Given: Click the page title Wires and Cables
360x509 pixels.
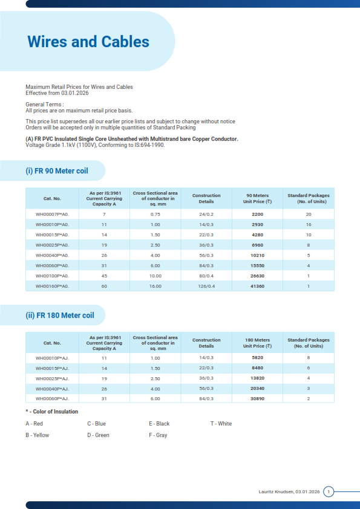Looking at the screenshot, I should [88, 42].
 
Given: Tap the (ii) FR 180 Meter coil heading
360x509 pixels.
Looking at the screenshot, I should [60, 316].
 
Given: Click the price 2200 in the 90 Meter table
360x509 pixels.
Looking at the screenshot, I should [258, 214].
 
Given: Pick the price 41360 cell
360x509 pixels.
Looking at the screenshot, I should [258, 286].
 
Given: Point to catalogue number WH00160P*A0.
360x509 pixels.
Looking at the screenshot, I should [52, 286].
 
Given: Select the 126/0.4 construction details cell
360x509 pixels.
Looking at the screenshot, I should [206, 286].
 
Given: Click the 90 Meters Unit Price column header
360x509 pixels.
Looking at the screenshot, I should [258, 198].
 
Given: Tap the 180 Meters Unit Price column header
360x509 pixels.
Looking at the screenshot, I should [258, 343].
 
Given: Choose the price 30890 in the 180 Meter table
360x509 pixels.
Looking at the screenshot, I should [258, 399].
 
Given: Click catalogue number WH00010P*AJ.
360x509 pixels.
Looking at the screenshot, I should [52, 358].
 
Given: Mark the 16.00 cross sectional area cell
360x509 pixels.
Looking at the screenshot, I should [155, 286].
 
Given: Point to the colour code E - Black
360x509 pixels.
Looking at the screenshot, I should [159, 424].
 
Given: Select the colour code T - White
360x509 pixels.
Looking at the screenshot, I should [221, 424].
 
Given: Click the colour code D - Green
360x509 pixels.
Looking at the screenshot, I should [98, 435].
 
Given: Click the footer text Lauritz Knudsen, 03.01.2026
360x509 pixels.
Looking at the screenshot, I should [289, 492].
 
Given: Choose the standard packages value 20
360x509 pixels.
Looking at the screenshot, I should [309, 214].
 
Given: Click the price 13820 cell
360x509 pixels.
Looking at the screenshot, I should [258, 378].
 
